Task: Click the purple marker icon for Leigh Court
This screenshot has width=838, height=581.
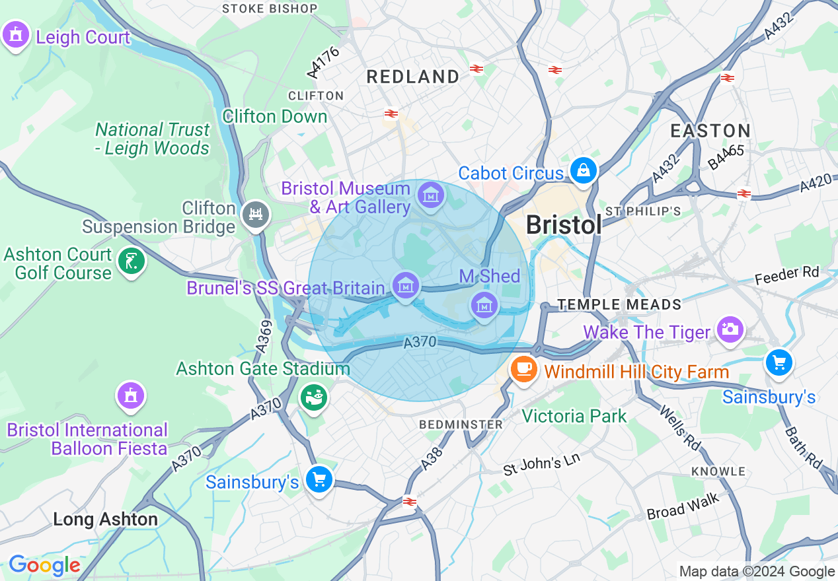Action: (x=16, y=35)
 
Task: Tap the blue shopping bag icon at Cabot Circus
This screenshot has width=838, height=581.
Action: (x=584, y=171)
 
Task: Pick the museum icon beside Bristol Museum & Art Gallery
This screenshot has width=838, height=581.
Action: (x=431, y=195)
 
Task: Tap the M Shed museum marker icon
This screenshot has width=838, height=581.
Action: (x=484, y=305)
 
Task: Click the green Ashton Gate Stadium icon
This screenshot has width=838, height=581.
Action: (x=314, y=397)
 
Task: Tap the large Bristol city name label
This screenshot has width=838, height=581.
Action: (x=564, y=225)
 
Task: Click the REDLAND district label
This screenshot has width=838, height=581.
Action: (x=413, y=77)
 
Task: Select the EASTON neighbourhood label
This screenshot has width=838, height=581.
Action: (x=710, y=130)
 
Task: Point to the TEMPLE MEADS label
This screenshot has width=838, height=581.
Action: (x=619, y=304)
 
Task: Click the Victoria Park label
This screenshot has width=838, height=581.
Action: (x=574, y=416)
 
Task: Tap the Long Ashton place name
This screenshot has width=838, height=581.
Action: (x=105, y=519)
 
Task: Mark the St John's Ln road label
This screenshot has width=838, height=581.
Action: (x=541, y=464)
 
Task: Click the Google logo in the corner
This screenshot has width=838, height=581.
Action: (x=44, y=565)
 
